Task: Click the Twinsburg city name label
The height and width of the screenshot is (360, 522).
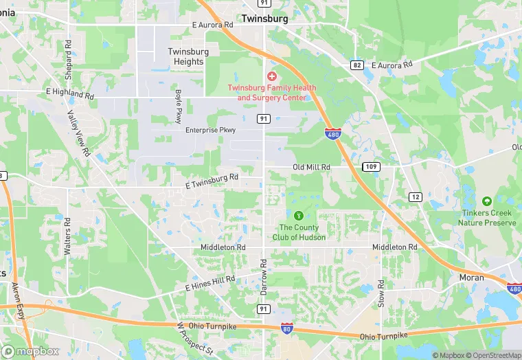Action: pos(264,19)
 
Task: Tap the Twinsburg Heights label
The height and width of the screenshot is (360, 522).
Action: pos(186,56)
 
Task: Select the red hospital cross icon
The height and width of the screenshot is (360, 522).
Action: pos(272,76)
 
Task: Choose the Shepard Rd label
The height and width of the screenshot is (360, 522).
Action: pos(68,53)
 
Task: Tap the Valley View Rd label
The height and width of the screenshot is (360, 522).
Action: pos(79,132)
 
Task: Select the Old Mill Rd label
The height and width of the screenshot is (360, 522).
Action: pos(312,167)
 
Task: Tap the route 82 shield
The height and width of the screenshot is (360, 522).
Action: pos(356,65)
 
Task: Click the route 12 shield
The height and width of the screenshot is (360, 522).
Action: pos(415,197)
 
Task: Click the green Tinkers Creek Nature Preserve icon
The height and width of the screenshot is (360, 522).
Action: pos(487,201)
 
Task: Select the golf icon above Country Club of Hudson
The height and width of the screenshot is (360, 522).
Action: pos(298,216)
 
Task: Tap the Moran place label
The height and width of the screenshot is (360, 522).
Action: pos(471,278)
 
